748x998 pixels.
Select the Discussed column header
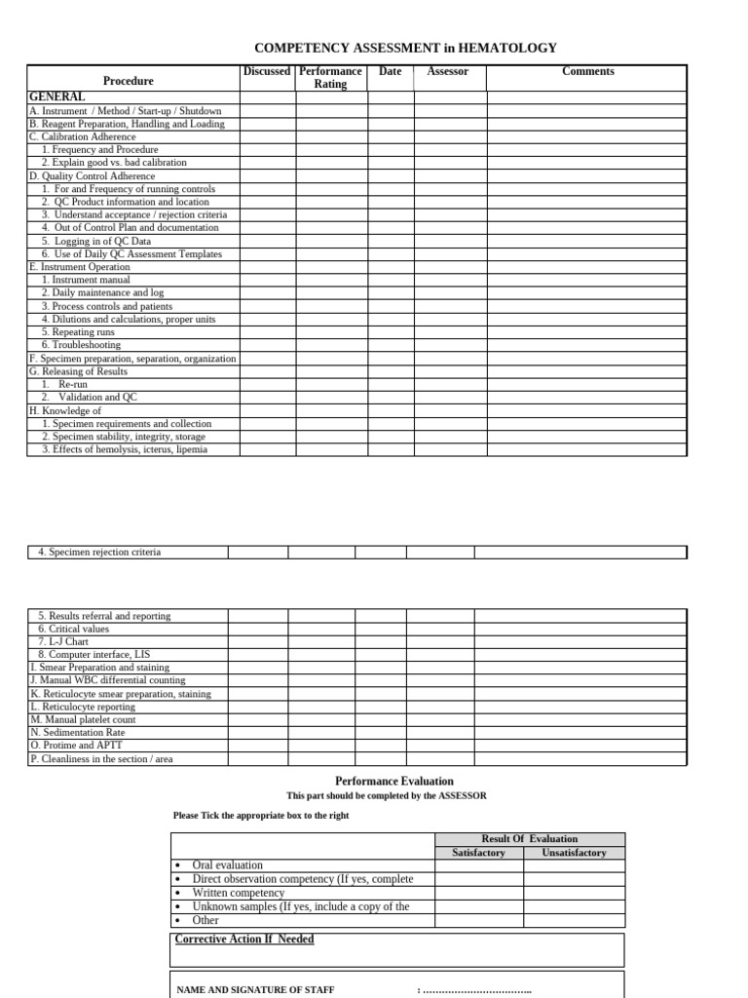267,71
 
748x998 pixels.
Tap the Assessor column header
448,71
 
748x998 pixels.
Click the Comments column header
588,71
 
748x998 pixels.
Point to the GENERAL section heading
57,97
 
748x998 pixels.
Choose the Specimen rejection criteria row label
99,553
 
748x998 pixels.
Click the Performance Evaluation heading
394,782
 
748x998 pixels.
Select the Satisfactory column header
479,853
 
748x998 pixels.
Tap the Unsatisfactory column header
574,853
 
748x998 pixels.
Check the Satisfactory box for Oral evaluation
479,865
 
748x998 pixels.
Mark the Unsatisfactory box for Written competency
574,893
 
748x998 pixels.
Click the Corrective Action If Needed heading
244,940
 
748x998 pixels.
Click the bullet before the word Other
177,921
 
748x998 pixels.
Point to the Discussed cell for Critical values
258,630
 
